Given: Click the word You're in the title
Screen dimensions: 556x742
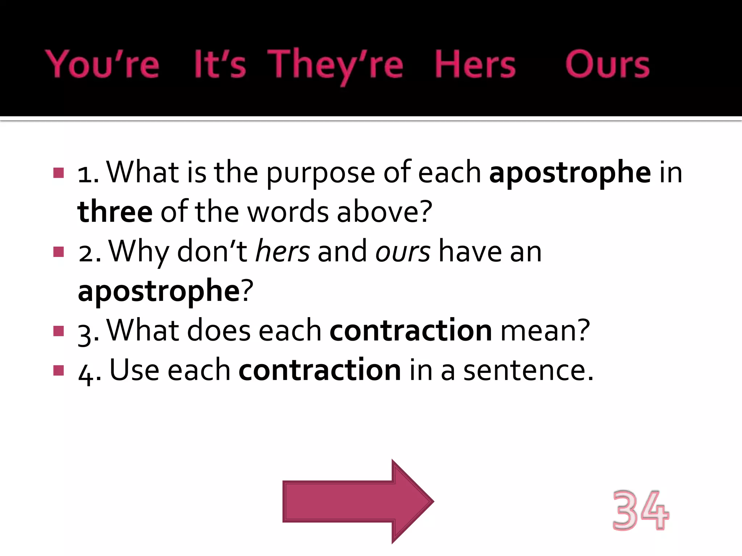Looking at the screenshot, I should tap(102, 64).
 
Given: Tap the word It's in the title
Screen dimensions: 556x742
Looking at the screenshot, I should tap(220, 64).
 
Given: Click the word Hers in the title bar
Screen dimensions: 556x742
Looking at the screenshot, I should tap(475, 64).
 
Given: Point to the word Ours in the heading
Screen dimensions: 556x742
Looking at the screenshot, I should tap(607, 64).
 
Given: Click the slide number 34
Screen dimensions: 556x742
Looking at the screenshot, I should tap(641, 510).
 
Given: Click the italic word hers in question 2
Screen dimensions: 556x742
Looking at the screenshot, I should tap(283, 252).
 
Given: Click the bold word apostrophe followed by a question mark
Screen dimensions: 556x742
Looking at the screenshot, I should tap(159, 291).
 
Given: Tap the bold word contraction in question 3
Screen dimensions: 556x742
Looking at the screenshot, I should tap(410, 330).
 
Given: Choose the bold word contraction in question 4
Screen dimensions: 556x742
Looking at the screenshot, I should tap(320, 370).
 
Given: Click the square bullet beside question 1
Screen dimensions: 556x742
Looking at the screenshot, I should tap(58, 173).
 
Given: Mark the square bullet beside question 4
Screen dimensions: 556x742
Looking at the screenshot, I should tap(58, 370).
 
